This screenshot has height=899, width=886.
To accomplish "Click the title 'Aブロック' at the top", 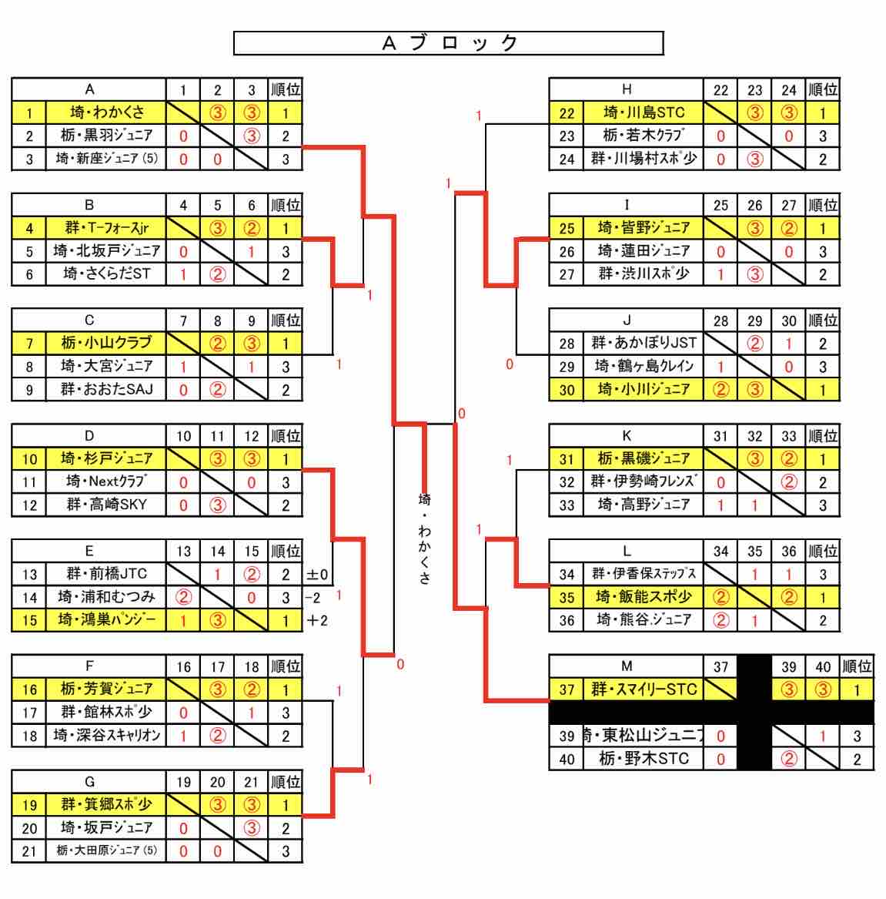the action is pyautogui.click(x=449, y=43).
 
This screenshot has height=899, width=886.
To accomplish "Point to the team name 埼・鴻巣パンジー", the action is pyautogui.click(x=107, y=619).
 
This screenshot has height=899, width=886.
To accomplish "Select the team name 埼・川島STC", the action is pyautogui.click(x=644, y=112).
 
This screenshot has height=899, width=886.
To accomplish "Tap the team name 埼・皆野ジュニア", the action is pyautogui.click(x=644, y=228).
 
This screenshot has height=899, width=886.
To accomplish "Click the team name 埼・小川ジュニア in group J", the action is pyautogui.click(x=644, y=389).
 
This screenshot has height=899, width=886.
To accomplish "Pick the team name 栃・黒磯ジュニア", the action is pyautogui.click(x=644, y=458).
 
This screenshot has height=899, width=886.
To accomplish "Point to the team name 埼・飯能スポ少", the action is pyautogui.click(x=644, y=596).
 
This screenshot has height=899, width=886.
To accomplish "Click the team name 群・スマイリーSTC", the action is pyautogui.click(x=644, y=689).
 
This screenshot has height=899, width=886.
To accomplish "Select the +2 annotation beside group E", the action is pyautogui.click(x=317, y=620).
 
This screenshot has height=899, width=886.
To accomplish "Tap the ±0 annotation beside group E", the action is pyautogui.click(x=317, y=574).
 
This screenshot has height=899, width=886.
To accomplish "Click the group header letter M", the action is pyautogui.click(x=627, y=666).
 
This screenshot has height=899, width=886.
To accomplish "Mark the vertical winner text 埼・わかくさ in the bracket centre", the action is pyautogui.click(x=424, y=538).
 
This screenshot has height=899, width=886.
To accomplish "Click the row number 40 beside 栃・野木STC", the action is pyautogui.click(x=567, y=759).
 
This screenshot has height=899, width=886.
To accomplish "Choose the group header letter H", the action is pyautogui.click(x=627, y=89).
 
